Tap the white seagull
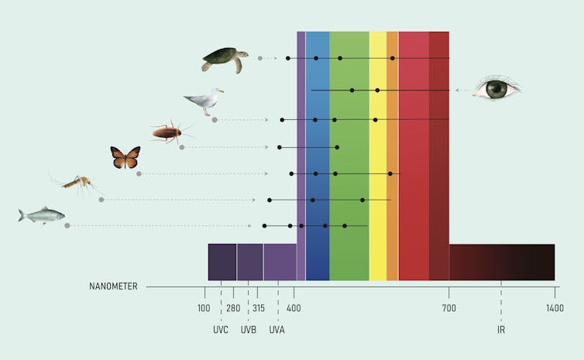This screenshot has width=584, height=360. (x=204, y=101)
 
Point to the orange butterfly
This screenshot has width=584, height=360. (x=125, y=158)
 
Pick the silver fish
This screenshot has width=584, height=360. (x=42, y=215)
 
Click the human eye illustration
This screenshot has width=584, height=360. (x=496, y=89)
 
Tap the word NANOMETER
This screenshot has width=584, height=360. (x=113, y=286)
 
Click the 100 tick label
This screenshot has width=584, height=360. (x=204, y=308)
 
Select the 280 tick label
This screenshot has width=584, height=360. (x=233, y=308)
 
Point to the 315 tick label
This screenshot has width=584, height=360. (x=259, y=308)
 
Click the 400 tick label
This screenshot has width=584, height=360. (x=294, y=308)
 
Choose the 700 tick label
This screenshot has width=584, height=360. (x=449, y=308)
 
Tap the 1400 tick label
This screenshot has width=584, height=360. (x=554, y=308)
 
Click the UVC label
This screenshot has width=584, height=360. (x=221, y=330)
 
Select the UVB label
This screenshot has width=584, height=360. (x=249, y=330)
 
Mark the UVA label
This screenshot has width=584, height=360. (x=277, y=330)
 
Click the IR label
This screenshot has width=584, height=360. (x=501, y=330)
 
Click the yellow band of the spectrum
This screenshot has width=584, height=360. (x=377, y=155)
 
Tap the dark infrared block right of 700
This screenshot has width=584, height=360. (x=502, y=262)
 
